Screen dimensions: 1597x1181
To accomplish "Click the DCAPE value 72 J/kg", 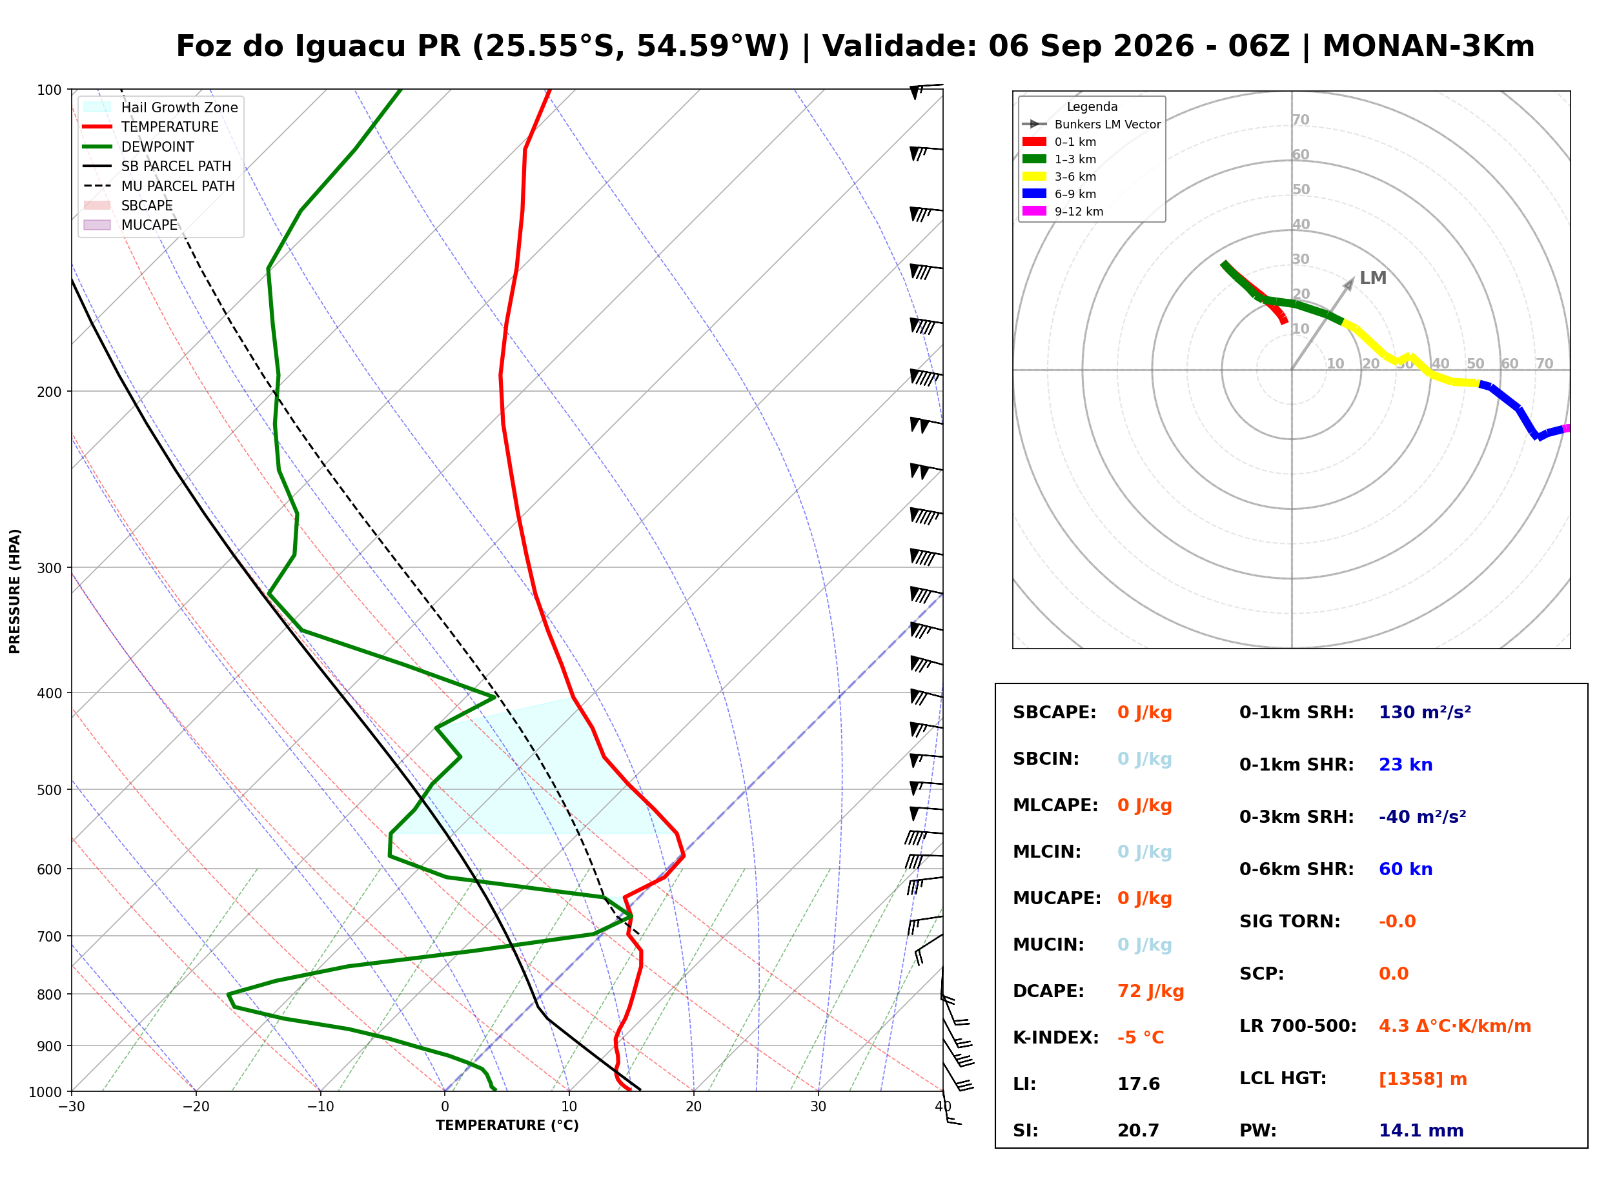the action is tap(1150, 991).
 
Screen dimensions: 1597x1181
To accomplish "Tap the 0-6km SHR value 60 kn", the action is tap(1405, 869).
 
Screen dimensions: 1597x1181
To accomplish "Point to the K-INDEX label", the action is tap(1056, 1038).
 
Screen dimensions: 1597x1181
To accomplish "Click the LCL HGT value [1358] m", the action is tap(1423, 1080).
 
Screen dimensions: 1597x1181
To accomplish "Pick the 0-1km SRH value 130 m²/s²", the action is tap(1425, 712).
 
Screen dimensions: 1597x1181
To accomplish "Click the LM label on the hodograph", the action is tap(1372, 278).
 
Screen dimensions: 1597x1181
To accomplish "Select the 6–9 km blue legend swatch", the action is tap(1033, 194).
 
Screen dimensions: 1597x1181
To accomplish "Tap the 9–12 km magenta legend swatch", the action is tap(1033, 211).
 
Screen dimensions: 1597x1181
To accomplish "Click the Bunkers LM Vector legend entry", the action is tap(1092, 125).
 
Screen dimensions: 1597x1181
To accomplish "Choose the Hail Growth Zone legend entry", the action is tap(161, 107).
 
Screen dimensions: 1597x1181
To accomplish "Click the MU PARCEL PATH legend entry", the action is tap(159, 186).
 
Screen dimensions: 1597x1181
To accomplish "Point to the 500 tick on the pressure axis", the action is tap(50, 790).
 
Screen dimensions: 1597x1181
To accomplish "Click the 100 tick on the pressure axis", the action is tap(50, 89).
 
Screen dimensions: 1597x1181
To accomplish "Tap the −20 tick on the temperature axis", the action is tap(195, 1107).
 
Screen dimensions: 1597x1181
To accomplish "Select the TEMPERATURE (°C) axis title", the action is tap(507, 1125).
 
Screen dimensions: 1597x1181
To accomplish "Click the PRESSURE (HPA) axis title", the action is tap(14, 591).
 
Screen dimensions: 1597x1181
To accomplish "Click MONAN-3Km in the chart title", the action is tap(1429, 46).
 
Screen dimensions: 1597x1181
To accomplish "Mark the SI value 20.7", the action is tap(1138, 1131).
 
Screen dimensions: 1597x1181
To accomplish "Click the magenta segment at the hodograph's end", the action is tap(1565, 429).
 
